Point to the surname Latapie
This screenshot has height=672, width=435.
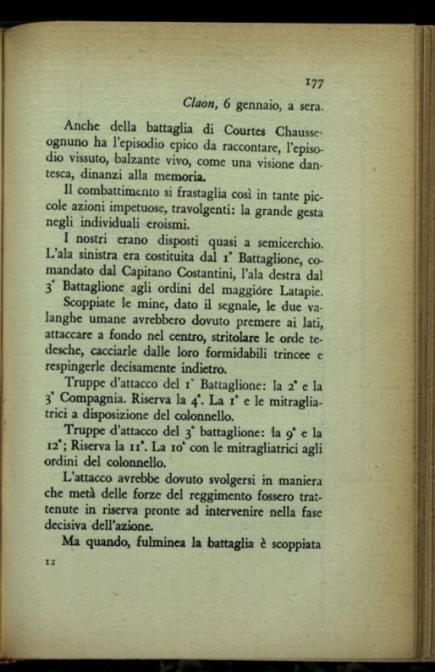(297, 290)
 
